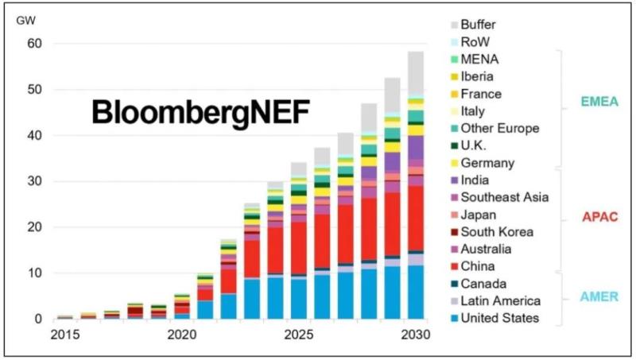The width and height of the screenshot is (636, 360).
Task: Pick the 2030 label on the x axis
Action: (414, 335)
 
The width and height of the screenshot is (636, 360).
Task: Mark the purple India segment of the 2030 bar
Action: (415, 147)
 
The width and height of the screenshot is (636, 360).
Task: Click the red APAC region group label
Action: (595, 215)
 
